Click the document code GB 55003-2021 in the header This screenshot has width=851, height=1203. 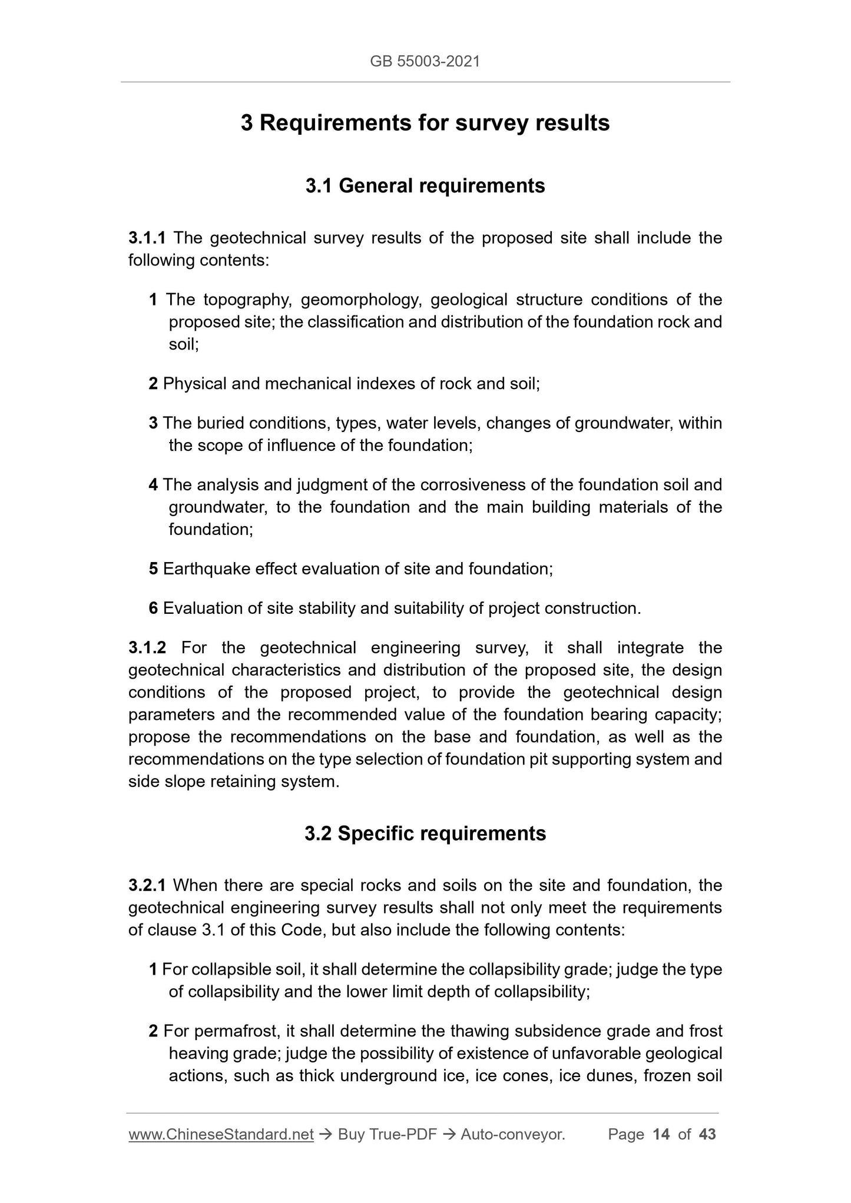point(425,61)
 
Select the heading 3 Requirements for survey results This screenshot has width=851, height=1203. point(425,123)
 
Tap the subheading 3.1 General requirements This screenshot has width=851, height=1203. point(425,186)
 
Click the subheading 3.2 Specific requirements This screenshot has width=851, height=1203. point(425,833)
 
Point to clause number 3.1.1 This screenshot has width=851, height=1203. point(147,238)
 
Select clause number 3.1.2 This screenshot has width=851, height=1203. point(147,647)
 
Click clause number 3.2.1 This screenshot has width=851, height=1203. point(147,885)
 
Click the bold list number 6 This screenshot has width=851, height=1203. point(153,608)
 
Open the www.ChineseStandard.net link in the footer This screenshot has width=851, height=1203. point(221,1134)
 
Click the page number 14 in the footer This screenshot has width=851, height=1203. point(661,1134)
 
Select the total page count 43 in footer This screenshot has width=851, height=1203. point(707,1134)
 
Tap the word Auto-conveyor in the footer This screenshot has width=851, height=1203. point(512,1134)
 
